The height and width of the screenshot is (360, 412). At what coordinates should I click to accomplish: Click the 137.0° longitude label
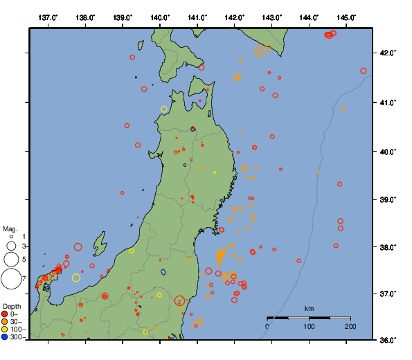tap(48, 17)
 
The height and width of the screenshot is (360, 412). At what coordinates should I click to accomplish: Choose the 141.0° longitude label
tap(197, 17)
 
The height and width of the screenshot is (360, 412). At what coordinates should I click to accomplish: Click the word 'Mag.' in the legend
tap(10, 228)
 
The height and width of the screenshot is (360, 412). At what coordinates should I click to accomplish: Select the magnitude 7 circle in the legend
tap(10, 279)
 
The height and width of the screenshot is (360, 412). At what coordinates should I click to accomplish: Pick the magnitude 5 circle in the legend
tap(10, 260)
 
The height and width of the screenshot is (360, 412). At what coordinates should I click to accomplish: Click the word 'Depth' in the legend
tap(12, 306)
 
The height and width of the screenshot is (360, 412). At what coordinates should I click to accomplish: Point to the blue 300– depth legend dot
tap(5, 337)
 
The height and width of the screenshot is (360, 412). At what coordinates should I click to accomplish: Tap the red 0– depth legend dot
tap(5, 314)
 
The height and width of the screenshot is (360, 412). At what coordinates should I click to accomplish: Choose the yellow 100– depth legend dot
tap(5, 330)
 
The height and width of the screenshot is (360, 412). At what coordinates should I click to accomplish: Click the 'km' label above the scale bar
tap(309, 308)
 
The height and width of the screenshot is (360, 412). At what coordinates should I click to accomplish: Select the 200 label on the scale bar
tap(350, 327)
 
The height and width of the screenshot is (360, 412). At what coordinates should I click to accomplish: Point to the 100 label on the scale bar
tap(309, 327)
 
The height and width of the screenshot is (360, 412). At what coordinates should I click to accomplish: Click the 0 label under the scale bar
tap(268, 327)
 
